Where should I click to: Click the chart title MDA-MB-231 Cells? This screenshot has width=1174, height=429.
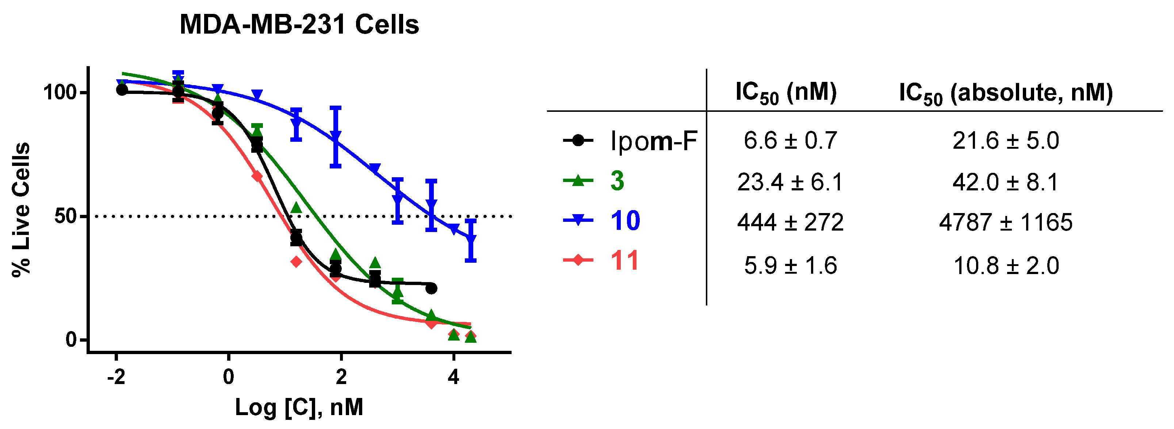click(299, 24)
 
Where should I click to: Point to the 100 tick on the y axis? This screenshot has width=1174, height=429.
click(60, 92)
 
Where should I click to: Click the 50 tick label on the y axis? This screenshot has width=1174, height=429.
click(65, 216)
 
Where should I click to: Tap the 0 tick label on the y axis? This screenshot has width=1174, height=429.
click(71, 339)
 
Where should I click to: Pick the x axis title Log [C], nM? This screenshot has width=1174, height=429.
click(299, 407)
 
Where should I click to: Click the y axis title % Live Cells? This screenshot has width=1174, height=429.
click(21, 210)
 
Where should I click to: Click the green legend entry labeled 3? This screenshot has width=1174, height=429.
click(617, 181)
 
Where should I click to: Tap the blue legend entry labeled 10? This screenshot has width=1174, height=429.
click(625, 221)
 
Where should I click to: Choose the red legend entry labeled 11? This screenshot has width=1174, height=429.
click(624, 261)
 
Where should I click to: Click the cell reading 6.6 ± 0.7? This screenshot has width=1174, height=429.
click(790, 141)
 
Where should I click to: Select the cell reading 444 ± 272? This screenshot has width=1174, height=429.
click(790, 223)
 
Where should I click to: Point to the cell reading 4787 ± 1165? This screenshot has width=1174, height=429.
click(1005, 223)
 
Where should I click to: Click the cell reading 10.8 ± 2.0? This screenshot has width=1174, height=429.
click(1005, 266)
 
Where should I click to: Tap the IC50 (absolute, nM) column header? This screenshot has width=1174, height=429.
click(1005, 94)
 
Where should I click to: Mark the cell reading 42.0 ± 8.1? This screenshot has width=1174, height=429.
click(1005, 182)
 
